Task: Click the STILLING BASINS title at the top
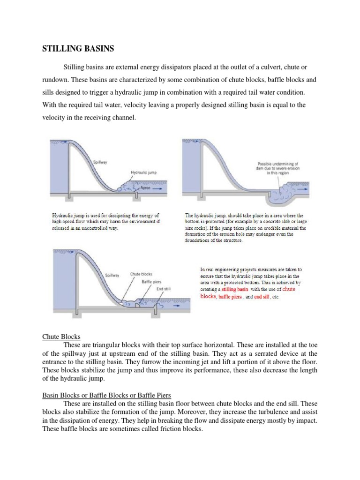pyautogui.click(x=78, y=48)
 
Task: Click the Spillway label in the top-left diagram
pyautogui.click(x=100, y=162)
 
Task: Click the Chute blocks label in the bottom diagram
pyautogui.click(x=141, y=274)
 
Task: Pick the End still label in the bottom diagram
pyautogui.click(x=164, y=289)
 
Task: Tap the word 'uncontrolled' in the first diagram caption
pyautogui.click(x=97, y=228)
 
